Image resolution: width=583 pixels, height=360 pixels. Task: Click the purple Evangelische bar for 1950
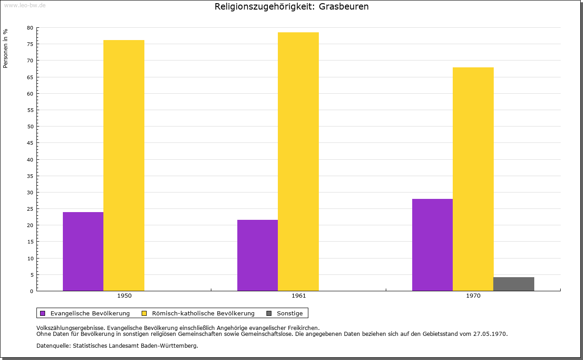coord(83,251)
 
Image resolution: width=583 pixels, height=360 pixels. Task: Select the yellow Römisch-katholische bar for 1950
coord(124,165)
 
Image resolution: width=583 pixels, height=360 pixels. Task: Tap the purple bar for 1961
coord(257,255)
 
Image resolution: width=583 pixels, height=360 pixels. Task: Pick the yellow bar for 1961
coord(298,162)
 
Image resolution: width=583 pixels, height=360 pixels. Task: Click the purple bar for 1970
coord(432,245)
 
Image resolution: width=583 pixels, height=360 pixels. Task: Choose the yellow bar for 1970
coord(473,179)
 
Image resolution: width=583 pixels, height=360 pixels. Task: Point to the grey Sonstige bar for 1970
coord(514,284)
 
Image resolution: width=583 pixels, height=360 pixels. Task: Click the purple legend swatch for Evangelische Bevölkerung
coord(43,313)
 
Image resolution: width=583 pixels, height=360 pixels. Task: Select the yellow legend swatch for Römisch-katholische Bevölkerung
coord(144,313)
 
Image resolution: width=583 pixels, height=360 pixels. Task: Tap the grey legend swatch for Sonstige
coord(269,313)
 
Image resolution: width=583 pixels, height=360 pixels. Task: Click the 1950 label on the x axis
coord(124,296)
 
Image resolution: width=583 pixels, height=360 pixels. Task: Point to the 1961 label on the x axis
coord(299,296)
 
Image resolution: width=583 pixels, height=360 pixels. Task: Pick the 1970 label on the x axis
coord(473,296)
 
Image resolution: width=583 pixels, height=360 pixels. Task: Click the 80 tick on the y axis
coord(30,28)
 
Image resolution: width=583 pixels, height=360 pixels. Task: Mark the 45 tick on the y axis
coord(30,143)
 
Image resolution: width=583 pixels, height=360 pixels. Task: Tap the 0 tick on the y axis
coord(31,291)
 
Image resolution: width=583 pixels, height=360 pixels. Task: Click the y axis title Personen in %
coord(5,48)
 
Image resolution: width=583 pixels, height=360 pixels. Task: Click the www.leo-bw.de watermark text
coord(25,5)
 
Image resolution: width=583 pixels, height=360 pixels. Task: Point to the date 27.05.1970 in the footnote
coord(491,334)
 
